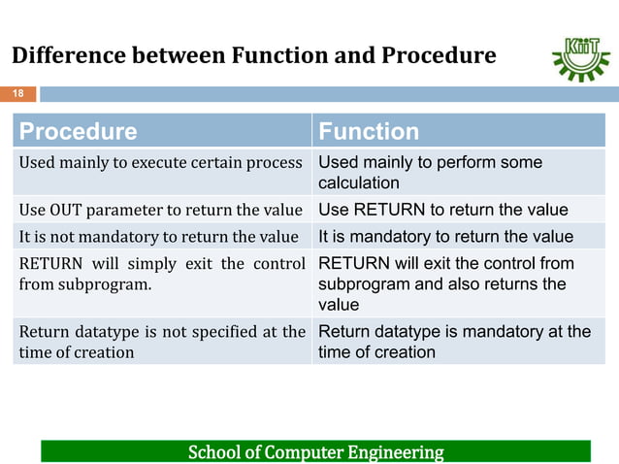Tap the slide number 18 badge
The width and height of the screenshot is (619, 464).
pos(17,94)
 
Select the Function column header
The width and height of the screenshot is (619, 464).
pos(369,131)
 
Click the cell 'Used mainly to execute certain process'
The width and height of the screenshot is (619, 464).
pos(161,163)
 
